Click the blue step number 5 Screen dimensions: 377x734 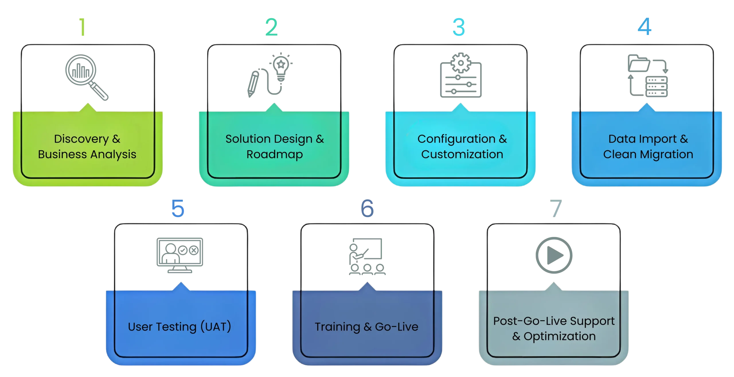[x=178, y=208]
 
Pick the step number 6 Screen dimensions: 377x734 [x=367, y=208]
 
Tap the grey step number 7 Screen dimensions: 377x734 [x=555, y=208]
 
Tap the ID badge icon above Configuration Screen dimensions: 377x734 [x=461, y=75]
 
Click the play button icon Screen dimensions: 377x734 [x=554, y=255]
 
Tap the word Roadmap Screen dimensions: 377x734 [x=275, y=155]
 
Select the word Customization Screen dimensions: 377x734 [x=462, y=155]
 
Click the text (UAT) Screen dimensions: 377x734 [x=216, y=327]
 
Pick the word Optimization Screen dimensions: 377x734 [x=559, y=336]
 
